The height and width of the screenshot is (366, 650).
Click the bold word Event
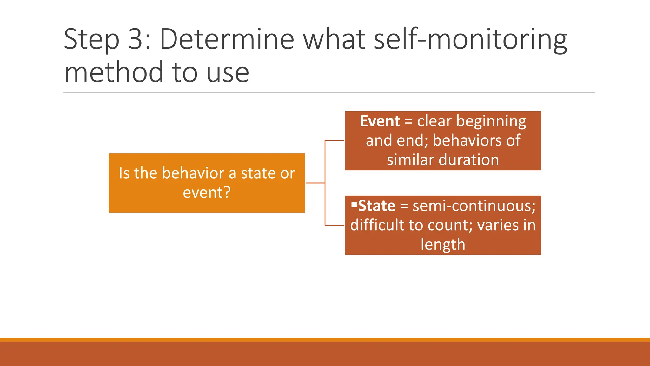380,121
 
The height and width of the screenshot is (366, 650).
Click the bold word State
377,206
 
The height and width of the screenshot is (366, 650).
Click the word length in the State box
443,245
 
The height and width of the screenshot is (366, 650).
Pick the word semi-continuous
474,206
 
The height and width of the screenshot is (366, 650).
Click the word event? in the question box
207,193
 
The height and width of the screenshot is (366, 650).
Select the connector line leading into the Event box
335,140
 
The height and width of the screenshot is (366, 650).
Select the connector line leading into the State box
335,225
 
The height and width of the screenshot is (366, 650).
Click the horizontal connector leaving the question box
315,183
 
